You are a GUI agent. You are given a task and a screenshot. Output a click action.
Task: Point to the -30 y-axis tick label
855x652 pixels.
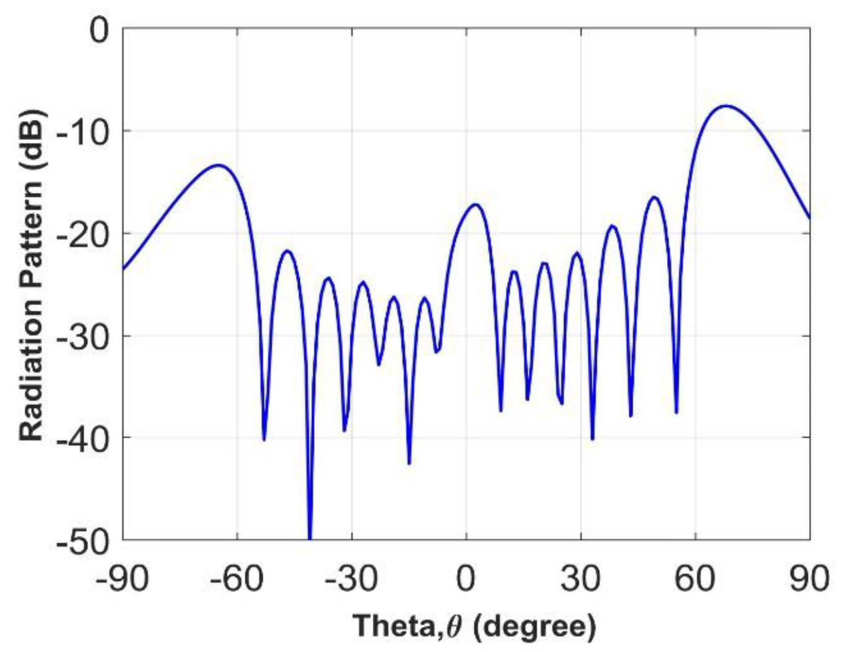pos(82,336)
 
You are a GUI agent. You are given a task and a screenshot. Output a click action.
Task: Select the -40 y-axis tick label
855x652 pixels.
pos(82,438)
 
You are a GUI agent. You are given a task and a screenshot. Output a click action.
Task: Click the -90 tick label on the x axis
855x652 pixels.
pos(123,579)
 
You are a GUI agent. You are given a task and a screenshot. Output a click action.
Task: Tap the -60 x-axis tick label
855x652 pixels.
pos(237,579)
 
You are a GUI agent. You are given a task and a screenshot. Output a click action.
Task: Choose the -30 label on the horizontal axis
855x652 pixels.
pos(352,579)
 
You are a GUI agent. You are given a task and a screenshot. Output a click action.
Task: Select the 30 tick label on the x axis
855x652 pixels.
pos(581,579)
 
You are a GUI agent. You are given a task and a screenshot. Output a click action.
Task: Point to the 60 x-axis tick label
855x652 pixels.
pos(696,579)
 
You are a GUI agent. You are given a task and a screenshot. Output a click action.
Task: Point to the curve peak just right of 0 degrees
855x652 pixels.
pos(476,205)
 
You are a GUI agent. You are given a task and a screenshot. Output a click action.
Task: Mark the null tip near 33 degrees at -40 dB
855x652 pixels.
pos(592,439)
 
